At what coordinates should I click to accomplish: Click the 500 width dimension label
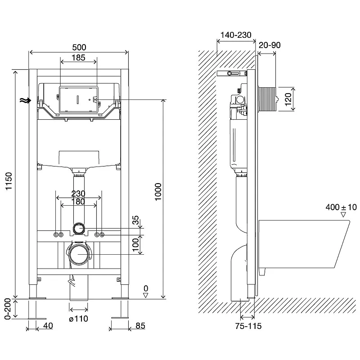[x=79, y=47]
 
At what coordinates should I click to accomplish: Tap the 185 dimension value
[x=78, y=58]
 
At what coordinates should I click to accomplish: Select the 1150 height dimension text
[x=9, y=181]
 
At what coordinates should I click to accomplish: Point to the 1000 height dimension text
[x=158, y=192]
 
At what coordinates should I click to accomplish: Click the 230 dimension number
[x=78, y=193]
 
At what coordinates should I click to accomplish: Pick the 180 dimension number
[x=78, y=202]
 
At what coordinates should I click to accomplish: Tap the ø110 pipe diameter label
[x=78, y=319]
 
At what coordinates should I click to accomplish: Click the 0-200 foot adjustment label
[x=8, y=309]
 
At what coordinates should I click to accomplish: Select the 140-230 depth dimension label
[x=236, y=35]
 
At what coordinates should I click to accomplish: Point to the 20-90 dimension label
[x=270, y=45]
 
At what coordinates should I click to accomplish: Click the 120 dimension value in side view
[x=288, y=99]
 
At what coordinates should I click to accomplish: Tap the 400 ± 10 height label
[x=341, y=207]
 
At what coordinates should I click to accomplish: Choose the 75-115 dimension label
[x=248, y=326]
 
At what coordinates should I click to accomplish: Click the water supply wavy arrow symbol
[x=25, y=100]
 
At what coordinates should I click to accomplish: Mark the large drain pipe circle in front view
[x=79, y=254]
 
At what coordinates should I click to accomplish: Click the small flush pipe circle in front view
[x=79, y=229]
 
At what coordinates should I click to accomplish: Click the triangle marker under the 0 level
[x=145, y=296]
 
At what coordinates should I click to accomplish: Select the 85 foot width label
[x=140, y=326]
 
